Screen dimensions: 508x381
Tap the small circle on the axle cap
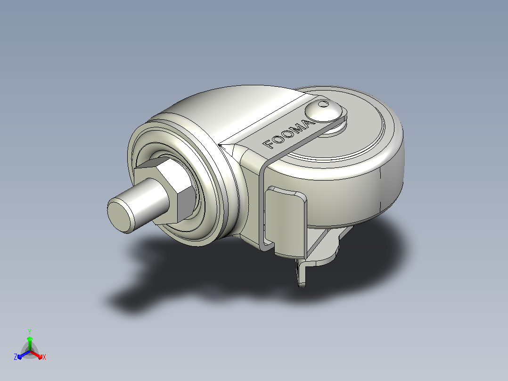[x=323, y=104]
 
